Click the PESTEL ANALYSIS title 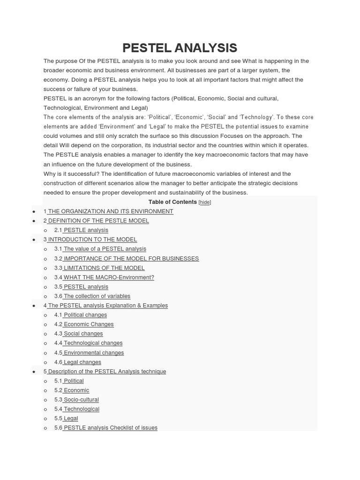pos(180,48)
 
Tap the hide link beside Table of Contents pos(205,202)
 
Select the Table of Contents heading pos(172,202)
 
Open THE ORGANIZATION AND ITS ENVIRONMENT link pos(110,211)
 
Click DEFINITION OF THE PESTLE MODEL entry pos(98,221)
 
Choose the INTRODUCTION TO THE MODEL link pos(92,240)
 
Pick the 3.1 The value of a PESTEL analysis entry pos(105,249)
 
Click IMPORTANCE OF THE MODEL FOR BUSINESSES pos(131,258)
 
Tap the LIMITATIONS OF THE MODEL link pos(104,268)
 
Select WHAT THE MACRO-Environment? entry pos(108,277)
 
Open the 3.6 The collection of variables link pos(97,296)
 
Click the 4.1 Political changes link pos(85,315)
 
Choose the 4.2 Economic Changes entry pos(88,324)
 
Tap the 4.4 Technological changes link pos(93,343)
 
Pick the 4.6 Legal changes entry pos(82,362)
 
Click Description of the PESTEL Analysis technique pos(106,372)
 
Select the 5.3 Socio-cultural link pos(81,400)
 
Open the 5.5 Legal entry pos(70,419)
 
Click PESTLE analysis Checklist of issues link pos(110,428)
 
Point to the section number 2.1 pos(58,230)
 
